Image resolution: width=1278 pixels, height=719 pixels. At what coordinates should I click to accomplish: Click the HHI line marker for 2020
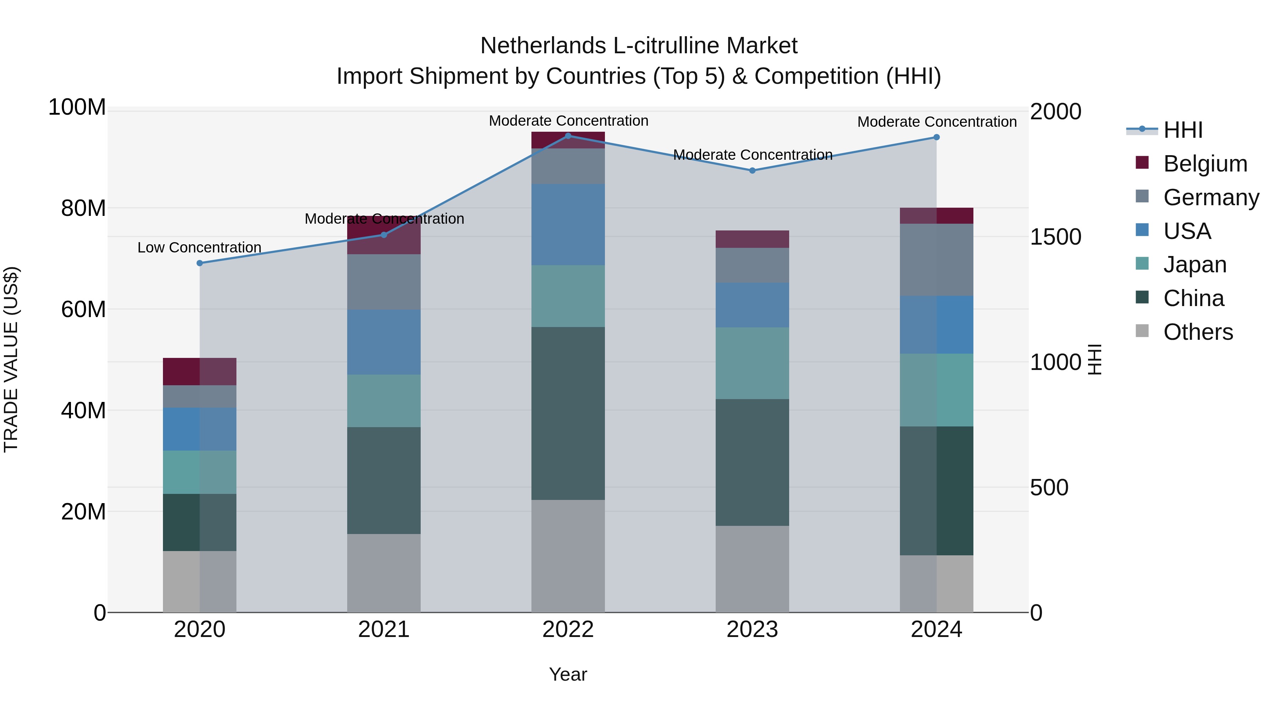200,263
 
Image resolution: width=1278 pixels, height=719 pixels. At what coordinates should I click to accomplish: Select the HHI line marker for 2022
568,136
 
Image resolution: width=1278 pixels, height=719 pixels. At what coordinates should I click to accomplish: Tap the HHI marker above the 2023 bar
752,170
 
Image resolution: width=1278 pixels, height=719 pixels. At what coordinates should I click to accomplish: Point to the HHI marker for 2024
936,137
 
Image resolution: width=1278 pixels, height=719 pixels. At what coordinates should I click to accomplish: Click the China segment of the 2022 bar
568,413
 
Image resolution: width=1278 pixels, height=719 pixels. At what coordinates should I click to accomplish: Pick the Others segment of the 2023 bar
752,569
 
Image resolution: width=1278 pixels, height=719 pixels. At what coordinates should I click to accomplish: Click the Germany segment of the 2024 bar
936,260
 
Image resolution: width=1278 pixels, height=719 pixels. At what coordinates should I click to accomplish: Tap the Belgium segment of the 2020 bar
200,371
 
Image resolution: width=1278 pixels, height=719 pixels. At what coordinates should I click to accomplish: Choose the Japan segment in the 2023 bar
752,363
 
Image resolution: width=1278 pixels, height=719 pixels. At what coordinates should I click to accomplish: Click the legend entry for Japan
1195,265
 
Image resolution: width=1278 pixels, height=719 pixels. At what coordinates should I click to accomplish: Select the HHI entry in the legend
1183,130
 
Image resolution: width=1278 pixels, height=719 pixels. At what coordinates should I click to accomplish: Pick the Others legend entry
1198,332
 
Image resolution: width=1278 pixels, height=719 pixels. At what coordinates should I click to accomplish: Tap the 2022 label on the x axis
568,630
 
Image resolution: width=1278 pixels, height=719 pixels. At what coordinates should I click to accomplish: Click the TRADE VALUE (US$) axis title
11,359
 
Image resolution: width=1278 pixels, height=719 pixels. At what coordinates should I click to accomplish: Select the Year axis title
568,674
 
